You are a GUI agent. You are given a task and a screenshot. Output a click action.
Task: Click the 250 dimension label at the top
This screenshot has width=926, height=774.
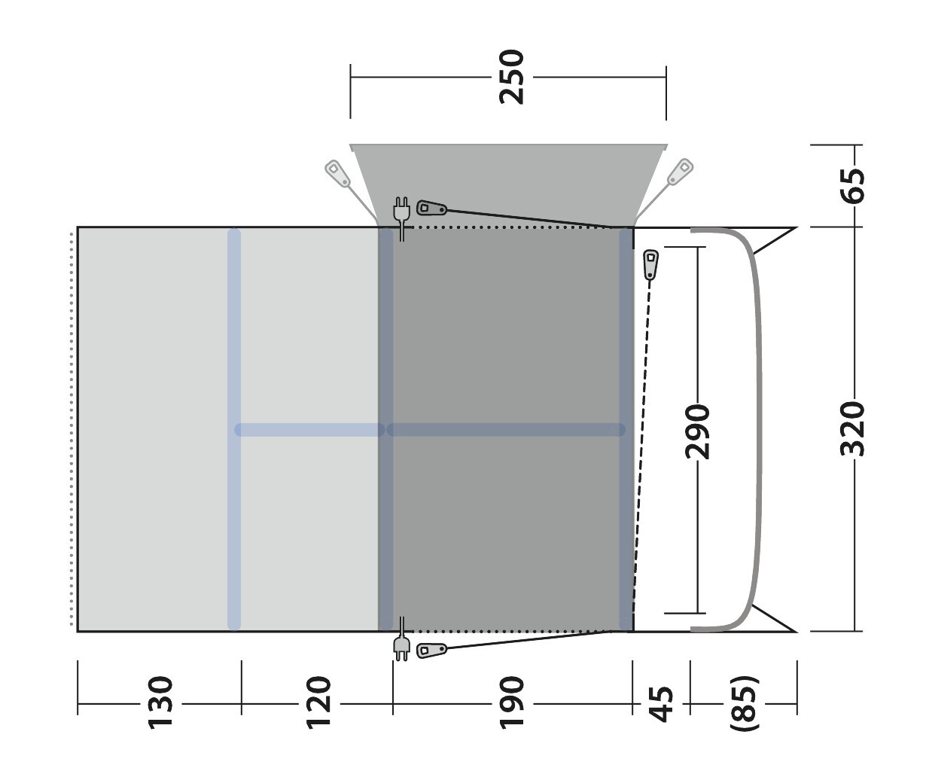[512, 78]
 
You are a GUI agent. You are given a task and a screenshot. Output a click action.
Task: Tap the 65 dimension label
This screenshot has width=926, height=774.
[853, 186]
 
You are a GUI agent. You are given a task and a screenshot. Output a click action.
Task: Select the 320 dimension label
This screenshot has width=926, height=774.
[853, 429]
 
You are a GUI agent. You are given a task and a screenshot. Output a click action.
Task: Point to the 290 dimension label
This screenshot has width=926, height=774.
[698, 431]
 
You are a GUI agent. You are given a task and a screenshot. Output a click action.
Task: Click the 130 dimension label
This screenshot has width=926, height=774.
[160, 702]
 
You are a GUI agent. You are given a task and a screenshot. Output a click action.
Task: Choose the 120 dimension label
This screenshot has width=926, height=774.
[318, 702]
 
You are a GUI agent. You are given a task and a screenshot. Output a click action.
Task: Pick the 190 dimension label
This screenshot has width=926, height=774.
[512, 702]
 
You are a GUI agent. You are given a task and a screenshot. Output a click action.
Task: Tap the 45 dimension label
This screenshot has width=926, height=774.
[661, 705]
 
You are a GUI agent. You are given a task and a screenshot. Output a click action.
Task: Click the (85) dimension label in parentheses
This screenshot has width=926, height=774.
[745, 703]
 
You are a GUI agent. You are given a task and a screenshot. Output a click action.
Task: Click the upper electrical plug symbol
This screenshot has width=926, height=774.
[401, 218]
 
